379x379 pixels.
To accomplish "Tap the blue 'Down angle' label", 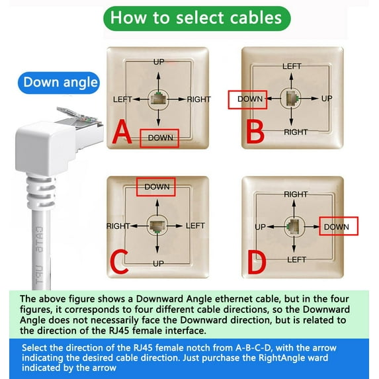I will [x=60, y=83].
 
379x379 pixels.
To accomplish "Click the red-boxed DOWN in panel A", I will [x=159, y=138].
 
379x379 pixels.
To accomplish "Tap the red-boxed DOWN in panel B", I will [x=250, y=99].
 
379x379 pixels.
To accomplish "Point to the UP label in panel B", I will [x=326, y=99].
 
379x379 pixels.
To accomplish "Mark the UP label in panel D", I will [x=260, y=227].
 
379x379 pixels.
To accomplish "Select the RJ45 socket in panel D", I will [x=292, y=227].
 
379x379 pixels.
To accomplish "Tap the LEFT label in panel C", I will [x=195, y=226].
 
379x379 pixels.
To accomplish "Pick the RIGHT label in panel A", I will [x=198, y=100].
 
